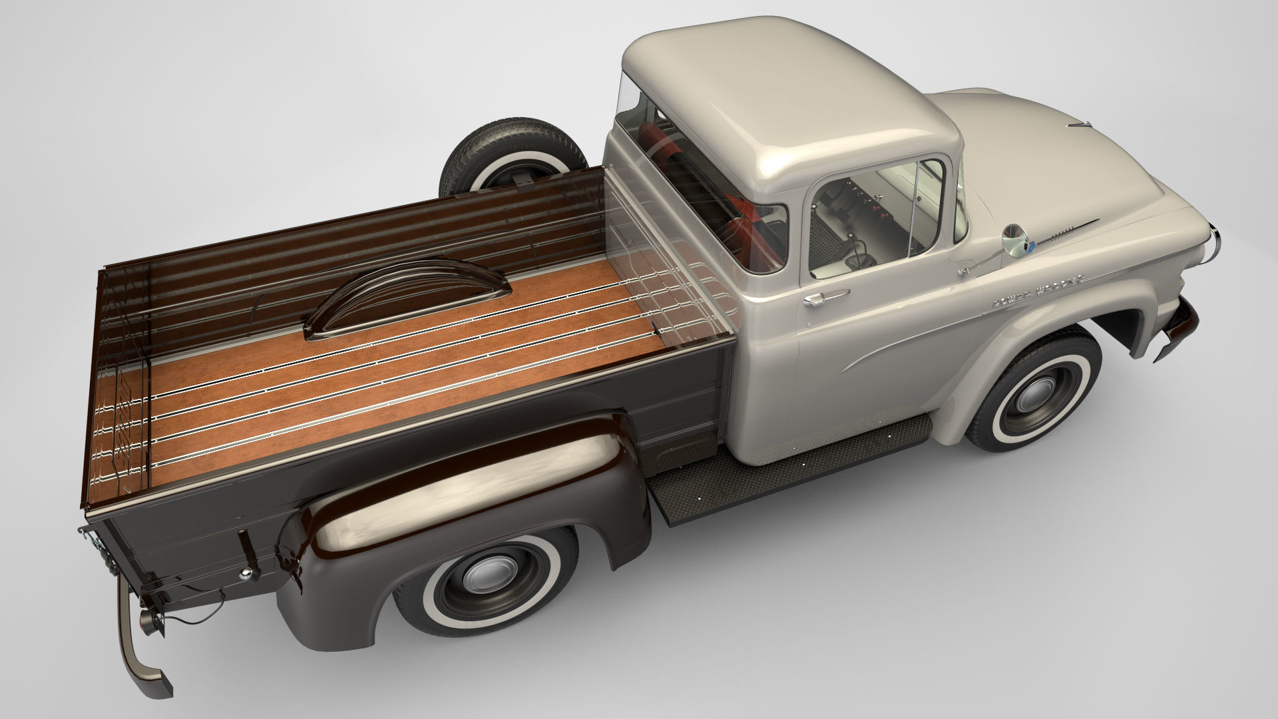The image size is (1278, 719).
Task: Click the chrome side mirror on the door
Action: click(x=1016, y=240)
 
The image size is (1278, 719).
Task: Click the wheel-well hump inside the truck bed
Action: click(x=406, y=296)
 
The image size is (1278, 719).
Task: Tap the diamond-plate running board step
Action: click(x=792, y=466)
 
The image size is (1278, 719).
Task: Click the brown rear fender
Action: click(x=466, y=479)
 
